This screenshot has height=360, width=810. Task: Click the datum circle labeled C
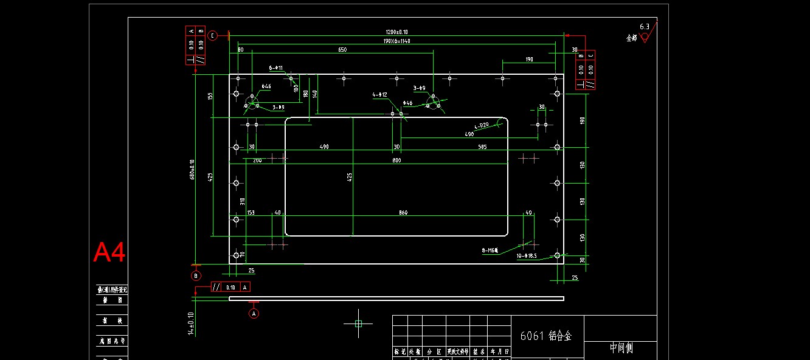click(212, 35)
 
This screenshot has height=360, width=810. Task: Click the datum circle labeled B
click(196, 275)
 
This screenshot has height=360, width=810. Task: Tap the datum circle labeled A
click(254, 313)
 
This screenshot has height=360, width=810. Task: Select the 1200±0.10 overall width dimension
click(396, 32)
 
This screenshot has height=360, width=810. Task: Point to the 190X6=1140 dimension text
click(396, 41)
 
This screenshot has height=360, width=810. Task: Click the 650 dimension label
click(342, 50)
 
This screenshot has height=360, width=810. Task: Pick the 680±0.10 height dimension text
click(192, 170)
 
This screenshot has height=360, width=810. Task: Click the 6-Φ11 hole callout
click(276, 68)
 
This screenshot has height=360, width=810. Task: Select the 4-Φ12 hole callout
click(380, 95)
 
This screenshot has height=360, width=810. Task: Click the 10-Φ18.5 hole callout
click(527, 256)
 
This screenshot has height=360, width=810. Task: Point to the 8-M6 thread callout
click(490, 250)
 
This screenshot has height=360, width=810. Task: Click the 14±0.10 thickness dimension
click(191, 324)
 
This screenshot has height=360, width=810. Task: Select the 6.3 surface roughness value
click(645, 27)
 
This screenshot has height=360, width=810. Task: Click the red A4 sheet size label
click(109, 252)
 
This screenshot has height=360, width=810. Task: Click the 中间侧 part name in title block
click(621, 348)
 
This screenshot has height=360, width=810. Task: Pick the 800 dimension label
click(396, 160)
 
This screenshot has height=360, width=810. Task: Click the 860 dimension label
click(403, 213)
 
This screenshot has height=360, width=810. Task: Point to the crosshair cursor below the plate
click(358, 324)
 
